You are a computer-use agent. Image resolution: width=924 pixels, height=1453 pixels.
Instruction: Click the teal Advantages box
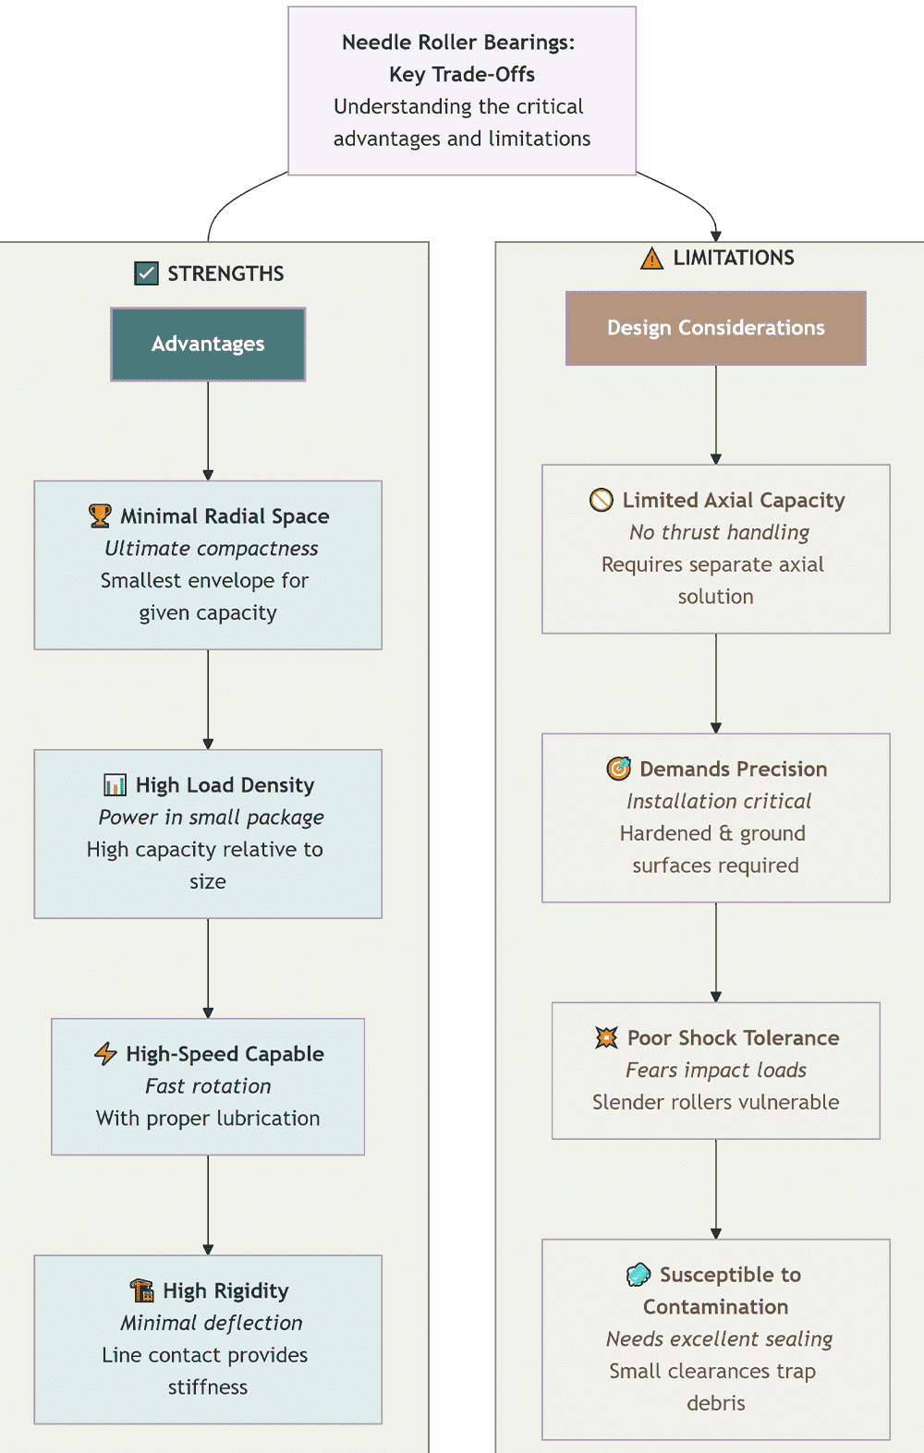pyautogui.click(x=208, y=344)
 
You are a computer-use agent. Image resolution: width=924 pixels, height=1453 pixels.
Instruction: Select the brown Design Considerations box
pyautogui.click(x=716, y=328)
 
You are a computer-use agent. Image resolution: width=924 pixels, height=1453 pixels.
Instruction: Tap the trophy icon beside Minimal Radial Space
pyautogui.click(x=100, y=515)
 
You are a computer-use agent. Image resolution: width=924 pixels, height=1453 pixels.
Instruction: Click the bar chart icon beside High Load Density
pyautogui.click(x=115, y=785)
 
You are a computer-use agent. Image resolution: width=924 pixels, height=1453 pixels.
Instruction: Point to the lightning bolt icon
pyautogui.click(x=105, y=1053)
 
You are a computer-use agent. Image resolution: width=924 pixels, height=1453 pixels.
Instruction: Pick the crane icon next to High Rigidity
pyautogui.click(x=142, y=1290)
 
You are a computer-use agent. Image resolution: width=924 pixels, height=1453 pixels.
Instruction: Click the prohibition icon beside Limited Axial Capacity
pyautogui.click(x=602, y=500)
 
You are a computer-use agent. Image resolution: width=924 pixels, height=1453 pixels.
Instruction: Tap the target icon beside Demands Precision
pyautogui.click(x=618, y=768)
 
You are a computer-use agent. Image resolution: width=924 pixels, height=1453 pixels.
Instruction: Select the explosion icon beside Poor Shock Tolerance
pyautogui.click(x=607, y=1037)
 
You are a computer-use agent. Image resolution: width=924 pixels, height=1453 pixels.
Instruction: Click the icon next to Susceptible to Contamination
pyautogui.click(x=638, y=1274)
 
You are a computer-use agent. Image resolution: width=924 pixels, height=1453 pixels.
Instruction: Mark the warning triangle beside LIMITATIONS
pyautogui.click(x=651, y=258)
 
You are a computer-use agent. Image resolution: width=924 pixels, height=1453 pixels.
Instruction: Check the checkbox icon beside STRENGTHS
pyautogui.click(x=146, y=273)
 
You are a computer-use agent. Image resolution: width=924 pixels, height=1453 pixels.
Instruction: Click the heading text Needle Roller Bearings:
pyautogui.click(x=458, y=42)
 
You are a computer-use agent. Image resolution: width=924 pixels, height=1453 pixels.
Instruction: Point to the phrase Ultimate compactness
pyautogui.click(x=212, y=548)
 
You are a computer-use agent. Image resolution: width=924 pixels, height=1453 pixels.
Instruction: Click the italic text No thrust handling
pyautogui.click(x=720, y=532)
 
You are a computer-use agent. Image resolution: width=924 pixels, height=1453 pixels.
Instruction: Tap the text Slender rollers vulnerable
pyautogui.click(x=716, y=1102)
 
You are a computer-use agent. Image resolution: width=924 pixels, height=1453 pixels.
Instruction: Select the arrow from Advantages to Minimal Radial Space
pyautogui.click(x=208, y=430)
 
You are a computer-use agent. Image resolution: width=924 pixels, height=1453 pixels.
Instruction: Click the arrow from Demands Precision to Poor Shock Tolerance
pyautogui.click(x=716, y=952)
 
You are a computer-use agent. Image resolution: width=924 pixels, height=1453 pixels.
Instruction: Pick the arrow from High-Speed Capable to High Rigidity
pyautogui.click(x=208, y=1205)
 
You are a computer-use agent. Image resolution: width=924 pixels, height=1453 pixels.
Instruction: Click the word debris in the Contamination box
pyautogui.click(x=716, y=1403)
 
